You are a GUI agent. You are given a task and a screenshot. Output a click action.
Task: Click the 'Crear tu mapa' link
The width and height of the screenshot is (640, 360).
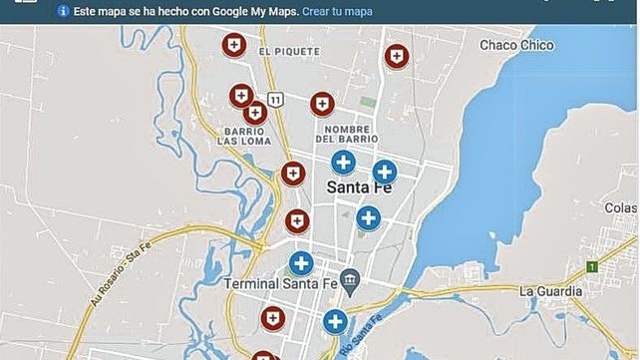click(x=337, y=12)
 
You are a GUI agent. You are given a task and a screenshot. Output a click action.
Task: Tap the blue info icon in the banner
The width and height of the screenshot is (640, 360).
click(x=64, y=12)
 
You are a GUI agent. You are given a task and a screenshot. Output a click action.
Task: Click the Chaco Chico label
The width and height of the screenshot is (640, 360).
click(x=515, y=45)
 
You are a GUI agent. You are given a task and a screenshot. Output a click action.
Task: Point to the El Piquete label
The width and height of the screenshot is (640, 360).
click(x=288, y=51)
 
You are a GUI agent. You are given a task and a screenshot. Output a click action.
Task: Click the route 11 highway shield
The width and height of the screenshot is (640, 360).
click(x=275, y=98)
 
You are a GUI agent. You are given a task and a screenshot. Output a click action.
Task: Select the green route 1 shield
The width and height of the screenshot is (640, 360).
click(x=591, y=267)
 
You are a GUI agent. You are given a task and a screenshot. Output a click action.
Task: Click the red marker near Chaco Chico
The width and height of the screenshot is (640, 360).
click(x=397, y=56)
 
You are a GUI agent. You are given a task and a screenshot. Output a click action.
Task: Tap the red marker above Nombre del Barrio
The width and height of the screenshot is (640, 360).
click(x=321, y=103)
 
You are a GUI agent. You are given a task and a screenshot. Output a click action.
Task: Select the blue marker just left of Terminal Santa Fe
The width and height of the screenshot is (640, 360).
click(x=301, y=263)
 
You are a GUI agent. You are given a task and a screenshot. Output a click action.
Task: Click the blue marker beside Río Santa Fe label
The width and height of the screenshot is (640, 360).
click(x=335, y=321)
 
